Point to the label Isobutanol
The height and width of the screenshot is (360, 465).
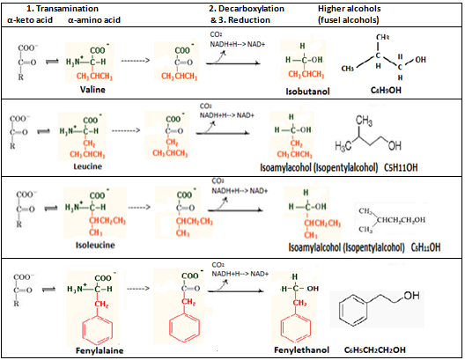click(303, 90)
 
